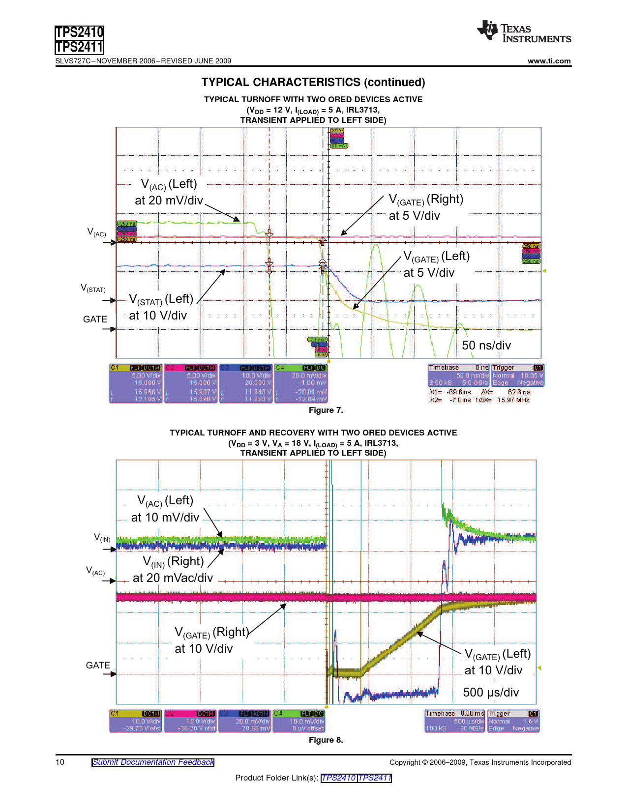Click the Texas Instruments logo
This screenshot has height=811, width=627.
coord(523,32)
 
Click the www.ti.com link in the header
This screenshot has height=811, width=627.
coord(549,61)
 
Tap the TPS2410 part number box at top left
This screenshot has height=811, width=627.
coord(79,32)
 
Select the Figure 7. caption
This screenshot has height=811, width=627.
coord(326,410)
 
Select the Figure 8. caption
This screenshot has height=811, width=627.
coord(326,740)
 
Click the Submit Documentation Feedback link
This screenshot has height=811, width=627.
coord(153,762)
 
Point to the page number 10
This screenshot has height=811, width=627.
coord(60,762)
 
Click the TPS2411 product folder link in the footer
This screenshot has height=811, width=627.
coord(375,778)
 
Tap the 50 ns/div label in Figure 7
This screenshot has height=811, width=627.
coord(486,346)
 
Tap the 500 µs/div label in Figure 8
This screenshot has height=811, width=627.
coord(490,693)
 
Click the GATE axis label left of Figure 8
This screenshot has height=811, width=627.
coord(97,666)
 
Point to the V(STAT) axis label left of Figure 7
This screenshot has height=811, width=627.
coord(93,288)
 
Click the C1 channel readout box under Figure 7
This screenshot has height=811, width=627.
coord(136,383)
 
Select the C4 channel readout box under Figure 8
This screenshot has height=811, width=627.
coord(299,721)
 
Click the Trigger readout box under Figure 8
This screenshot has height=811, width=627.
coord(513,721)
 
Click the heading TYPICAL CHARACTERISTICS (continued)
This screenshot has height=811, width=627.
coord(313,82)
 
